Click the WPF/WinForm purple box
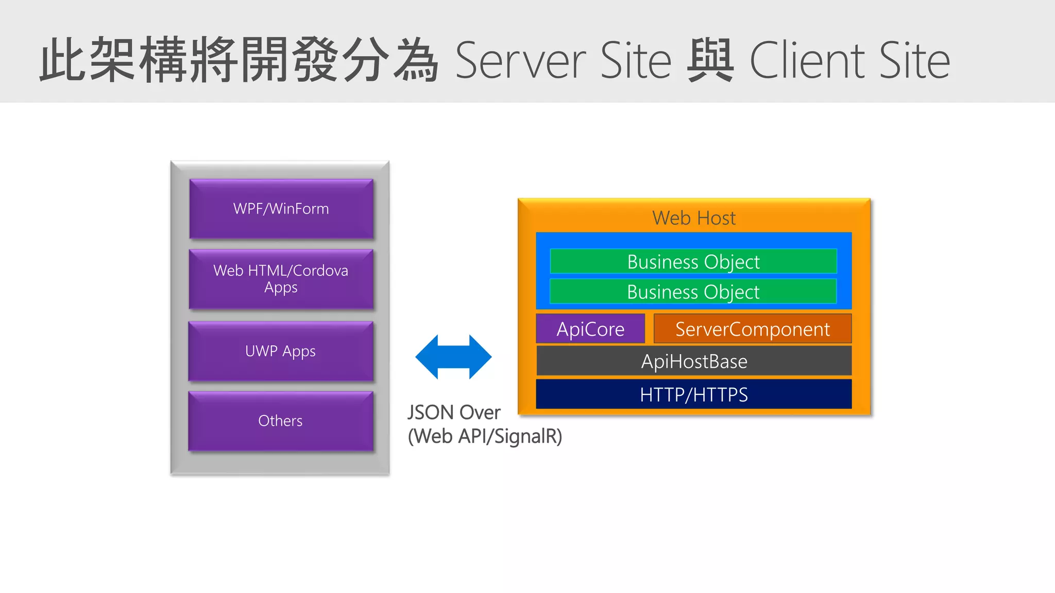[x=281, y=208]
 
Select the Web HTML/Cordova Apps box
[x=281, y=279]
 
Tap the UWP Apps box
[x=281, y=351]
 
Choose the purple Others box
[x=281, y=421]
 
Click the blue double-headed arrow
[x=453, y=357]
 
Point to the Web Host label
[x=693, y=218]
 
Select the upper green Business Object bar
[x=693, y=261]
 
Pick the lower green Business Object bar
[x=693, y=292]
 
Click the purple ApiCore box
[x=590, y=329]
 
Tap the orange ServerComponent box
[x=752, y=329]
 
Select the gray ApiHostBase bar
[x=693, y=361]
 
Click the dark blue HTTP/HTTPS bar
[x=693, y=394]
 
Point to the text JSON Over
[x=453, y=412]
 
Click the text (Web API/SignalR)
[x=485, y=436]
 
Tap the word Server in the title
[x=520, y=61]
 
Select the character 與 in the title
[x=710, y=61]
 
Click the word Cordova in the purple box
[x=320, y=271]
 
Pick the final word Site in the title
[x=914, y=61]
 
